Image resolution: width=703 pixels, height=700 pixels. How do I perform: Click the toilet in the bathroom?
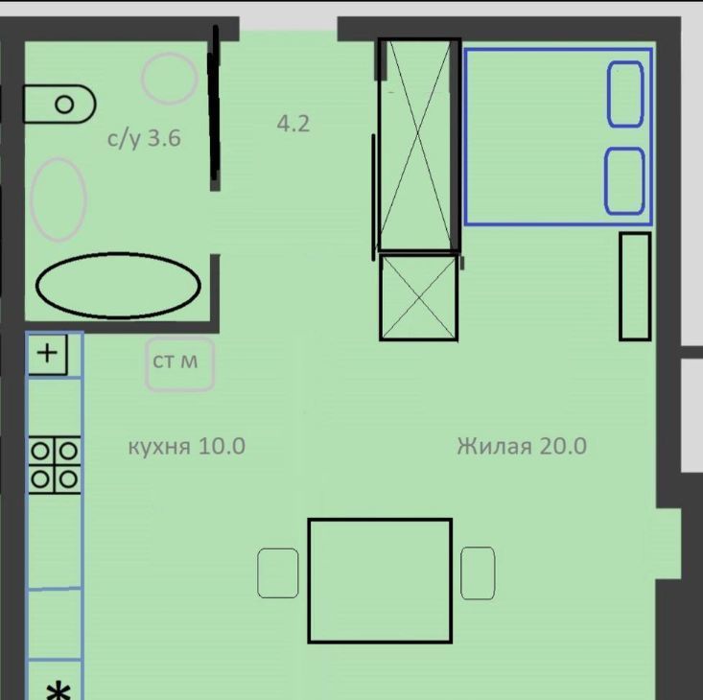click(59, 104)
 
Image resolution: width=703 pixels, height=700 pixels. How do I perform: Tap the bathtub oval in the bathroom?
click(118, 286)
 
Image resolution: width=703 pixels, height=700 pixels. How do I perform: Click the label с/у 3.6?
click(144, 138)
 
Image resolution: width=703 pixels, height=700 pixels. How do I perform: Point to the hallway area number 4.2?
click(293, 124)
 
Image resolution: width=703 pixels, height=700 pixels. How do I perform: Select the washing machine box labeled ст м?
click(179, 363)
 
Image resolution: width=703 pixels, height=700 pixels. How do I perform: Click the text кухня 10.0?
click(186, 446)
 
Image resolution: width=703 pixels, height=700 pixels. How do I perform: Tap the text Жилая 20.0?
click(522, 446)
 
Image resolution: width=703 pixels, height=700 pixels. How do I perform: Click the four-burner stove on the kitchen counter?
click(55, 465)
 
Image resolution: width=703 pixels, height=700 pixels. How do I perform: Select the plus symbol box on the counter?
click(47, 354)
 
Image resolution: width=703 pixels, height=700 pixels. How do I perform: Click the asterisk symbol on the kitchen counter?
click(59, 690)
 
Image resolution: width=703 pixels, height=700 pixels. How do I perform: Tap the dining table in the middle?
click(380, 581)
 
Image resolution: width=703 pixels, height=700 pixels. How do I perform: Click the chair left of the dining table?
click(278, 573)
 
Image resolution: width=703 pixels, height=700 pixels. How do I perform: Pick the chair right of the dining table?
click(478, 572)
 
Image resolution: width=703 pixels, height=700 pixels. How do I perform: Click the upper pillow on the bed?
click(625, 94)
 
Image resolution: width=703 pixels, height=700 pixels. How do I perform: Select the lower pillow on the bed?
click(624, 181)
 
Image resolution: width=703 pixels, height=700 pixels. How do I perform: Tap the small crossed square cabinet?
click(419, 297)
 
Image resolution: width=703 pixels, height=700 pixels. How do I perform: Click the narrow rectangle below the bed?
click(635, 287)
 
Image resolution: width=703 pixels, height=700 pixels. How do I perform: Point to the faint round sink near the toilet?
click(170, 79)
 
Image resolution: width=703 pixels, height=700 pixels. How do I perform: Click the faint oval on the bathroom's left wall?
click(59, 199)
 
